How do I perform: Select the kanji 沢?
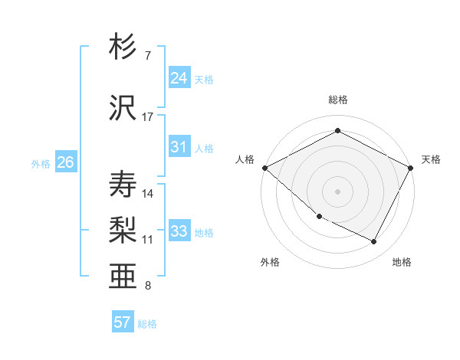(x=123, y=107)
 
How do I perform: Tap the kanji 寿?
(x=123, y=185)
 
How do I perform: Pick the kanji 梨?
(x=123, y=229)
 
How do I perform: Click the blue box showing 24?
(x=179, y=78)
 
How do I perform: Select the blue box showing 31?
(x=179, y=147)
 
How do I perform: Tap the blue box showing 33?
(x=179, y=231)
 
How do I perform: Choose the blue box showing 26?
(x=66, y=162)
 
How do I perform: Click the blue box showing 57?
(x=123, y=322)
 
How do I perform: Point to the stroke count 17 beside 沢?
(x=148, y=117)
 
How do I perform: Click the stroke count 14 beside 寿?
(x=148, y=194)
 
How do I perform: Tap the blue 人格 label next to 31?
(x=204, y=148)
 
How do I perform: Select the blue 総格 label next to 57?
(x=147, y=324)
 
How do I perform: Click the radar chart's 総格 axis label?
(x=338, y=100)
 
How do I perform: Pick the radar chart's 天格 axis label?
(x=432, y=159)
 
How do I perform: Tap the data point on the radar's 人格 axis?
(x=264, y=168)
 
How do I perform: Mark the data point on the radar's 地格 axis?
(x=374, y=242)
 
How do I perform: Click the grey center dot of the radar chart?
(x=338, y=191)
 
